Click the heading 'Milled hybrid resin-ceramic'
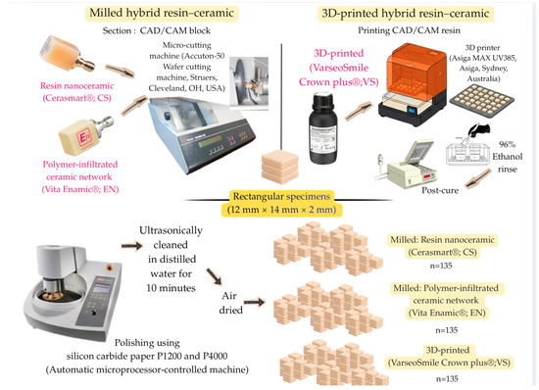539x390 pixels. click(x=162, y=13)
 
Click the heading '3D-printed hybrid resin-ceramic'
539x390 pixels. click(x=406, y=14)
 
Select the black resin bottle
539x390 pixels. click(x=323, y=128)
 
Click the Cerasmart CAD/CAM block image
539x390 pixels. click(x=67, y=53)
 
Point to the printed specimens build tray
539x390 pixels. click(x=481, y=99)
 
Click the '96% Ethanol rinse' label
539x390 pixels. click(x=507, y=157)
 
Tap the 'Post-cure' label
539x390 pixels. click(x=440, y=190)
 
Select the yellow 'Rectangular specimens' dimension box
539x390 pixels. click(x=281, y=203)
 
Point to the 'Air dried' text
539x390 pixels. click(x=230, y=303)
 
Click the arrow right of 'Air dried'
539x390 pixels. click(x=254, y=302)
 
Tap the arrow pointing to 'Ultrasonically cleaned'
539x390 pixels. click(x=131, y=245)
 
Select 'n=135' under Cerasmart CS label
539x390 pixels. click(x=441, y=266)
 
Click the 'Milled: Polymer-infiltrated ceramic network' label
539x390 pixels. click(x=446, y=300)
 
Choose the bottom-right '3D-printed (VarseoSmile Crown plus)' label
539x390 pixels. click(x=449, y=357)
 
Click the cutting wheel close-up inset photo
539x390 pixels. click(x=249, y=83)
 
